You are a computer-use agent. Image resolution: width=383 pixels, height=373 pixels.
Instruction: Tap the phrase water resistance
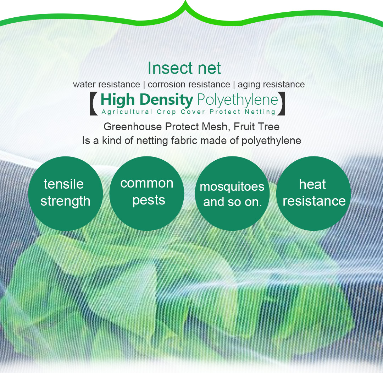(x=106, y=85)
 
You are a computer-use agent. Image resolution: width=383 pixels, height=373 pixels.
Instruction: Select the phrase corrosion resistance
(x=189, y=85)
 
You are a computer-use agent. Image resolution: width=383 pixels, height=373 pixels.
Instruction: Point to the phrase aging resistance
(x=271, y=85)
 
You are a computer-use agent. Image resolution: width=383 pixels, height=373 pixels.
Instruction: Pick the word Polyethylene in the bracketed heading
(x=237, y=100)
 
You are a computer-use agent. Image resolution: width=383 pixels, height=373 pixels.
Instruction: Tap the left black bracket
(x=94, y=104)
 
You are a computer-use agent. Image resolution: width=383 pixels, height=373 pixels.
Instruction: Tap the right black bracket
(x=282, y=104)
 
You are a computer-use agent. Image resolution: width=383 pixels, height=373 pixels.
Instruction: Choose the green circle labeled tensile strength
(x=65, y=193)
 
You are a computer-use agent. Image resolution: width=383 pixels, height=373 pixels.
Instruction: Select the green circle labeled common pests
(x=147, y=193)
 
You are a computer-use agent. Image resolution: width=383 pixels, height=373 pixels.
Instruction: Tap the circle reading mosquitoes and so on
(x=232, y=193)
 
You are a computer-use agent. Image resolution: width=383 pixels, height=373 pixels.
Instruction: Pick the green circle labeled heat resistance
(x=313, y=193)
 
